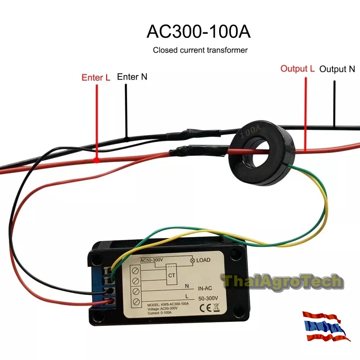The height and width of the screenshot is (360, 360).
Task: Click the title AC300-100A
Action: click(x=198, y=32)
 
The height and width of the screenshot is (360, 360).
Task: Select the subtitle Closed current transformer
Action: click(x=200, y=50)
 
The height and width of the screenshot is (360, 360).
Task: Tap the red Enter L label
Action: click(x=96, y=77)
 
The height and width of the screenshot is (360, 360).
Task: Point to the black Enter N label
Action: click(x=132, y=76)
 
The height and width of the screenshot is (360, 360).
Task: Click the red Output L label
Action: click(x=297, y=68)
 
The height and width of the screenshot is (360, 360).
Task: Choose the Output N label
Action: click(x=337, y=69)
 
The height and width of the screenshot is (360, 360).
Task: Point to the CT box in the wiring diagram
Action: click(x=171, y=274)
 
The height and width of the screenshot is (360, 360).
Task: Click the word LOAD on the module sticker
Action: click(x=203, y=261)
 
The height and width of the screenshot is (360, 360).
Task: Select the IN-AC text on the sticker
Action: click(x=207, y=288)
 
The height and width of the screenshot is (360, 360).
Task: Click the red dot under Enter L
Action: click(x=96, y=160)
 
